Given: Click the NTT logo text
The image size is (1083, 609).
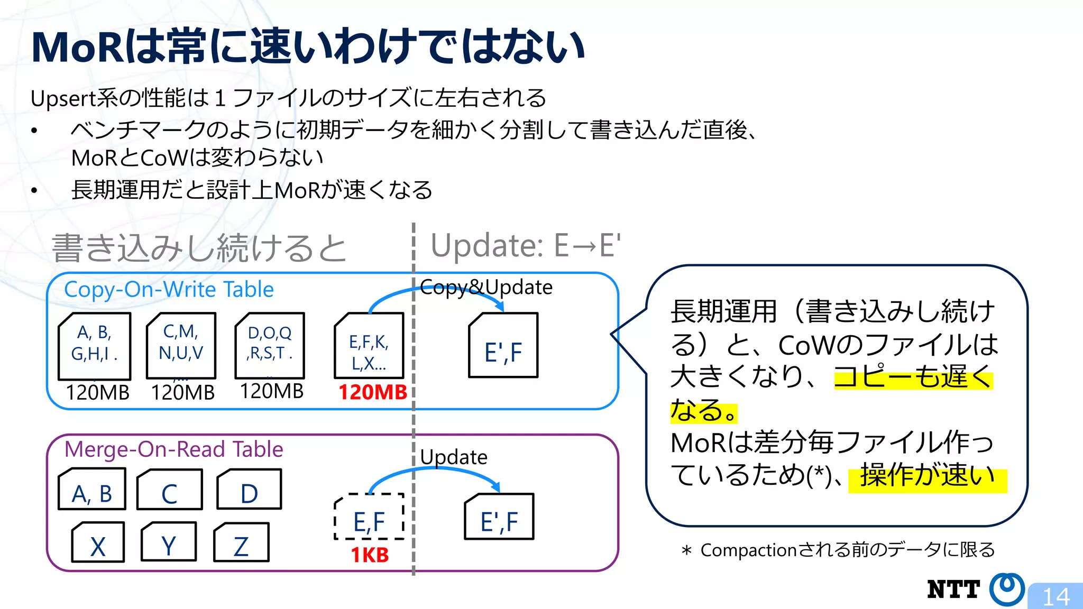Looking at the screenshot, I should click(953, 589).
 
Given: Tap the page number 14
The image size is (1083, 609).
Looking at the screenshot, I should click(1056, 597).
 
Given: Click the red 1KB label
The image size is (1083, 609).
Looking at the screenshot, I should click(370, 555).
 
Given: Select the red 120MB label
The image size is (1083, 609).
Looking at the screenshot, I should click(372, 392).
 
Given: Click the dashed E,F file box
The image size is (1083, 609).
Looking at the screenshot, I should click(369, 517).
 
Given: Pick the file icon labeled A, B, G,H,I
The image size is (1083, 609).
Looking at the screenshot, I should click(95, 346).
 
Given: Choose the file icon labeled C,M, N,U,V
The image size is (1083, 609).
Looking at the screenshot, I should click(181, 345).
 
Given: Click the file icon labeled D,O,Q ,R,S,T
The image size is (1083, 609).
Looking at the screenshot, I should click(270, 345).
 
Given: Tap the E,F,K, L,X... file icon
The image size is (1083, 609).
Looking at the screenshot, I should click(369, 346).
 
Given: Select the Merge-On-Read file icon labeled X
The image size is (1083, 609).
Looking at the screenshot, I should click(98, 542).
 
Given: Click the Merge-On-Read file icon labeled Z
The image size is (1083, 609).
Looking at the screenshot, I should click(241, 542).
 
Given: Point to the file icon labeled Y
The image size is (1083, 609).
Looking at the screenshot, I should click(169, 542).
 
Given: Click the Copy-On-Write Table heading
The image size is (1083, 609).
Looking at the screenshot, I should click(169, 290).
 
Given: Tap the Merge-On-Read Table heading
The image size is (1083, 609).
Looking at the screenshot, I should click(173, 449).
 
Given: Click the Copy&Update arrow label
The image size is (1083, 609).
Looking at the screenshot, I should click(486, 287).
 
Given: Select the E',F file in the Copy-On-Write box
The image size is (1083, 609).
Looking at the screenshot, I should click(503, 346).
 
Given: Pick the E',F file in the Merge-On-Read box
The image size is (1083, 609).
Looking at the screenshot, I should click(499, 517).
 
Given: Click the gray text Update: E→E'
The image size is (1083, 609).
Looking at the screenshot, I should click(526, 246).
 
